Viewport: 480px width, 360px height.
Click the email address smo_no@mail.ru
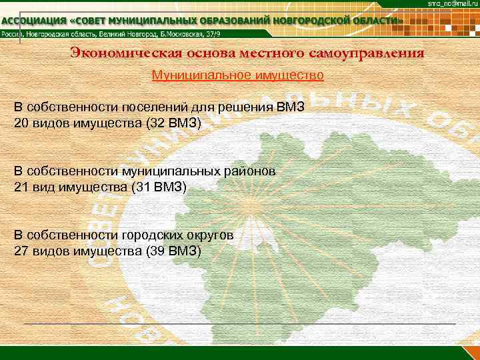coord(453,5)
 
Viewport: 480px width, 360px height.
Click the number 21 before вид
coord(21,187)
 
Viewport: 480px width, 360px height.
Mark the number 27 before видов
coord(21,251)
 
